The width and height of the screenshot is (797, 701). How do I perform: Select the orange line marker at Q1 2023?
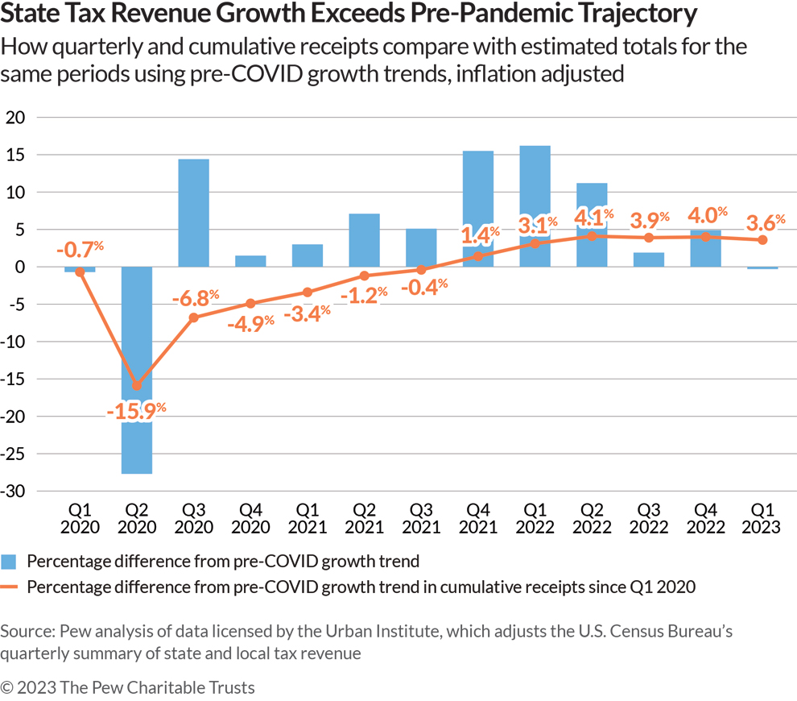(762, 240)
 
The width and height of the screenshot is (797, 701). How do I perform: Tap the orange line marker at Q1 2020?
(80, 272)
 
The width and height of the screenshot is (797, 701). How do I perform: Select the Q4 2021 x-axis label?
(478, 519)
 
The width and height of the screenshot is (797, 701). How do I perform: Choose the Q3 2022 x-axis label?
(649, 519)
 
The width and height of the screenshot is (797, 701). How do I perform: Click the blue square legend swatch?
(9, 562)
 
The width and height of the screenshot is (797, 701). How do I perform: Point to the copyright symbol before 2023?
(8, 687)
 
